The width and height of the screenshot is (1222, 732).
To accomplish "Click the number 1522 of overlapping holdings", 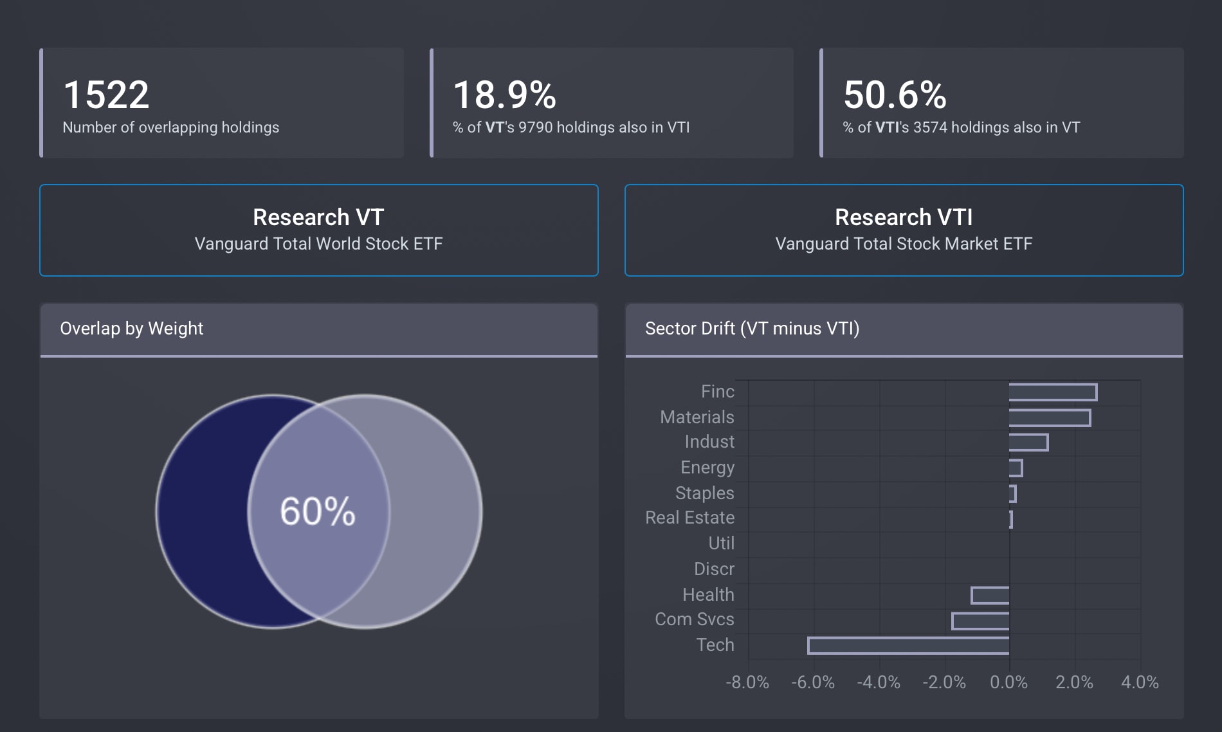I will pyautogui.click(x=106, y=95).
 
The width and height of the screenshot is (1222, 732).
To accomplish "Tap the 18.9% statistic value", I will pyautogui.click(x=504, y=95).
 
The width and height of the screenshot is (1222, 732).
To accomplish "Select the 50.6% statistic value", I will pyautogui.click(x=895, y=95).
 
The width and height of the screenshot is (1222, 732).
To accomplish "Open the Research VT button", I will pyautogui.click(x=319, y=230).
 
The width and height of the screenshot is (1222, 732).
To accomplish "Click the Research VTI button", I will pyautogui.click(x=904, y=230).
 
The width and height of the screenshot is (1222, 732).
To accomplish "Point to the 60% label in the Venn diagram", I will pyautogui.click(x=318, y=511).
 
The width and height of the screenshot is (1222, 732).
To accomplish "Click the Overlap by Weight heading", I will pyautogui.click(x=131, y=329).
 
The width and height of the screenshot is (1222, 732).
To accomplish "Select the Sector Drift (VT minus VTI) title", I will pyautogui.click(x=752, y=329).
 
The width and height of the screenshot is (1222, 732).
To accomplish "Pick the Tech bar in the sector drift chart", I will pyautogui.click(x=908, y=645).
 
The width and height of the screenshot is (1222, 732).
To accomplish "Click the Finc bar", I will pyautogui.click(x=1053, y=392).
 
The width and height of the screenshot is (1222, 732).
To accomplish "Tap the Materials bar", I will pyautogui.click(x=1050, y=417).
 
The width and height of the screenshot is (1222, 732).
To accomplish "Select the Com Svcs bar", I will pyautogui.click(x=980, y=621).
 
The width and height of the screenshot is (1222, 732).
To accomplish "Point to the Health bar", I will pyautogui.click(x=990, y=595).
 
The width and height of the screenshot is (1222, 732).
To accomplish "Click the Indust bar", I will pyautogui.click(x=1028, y=442).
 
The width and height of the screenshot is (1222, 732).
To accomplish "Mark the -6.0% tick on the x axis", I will pyautogui.click(x=813, y=682).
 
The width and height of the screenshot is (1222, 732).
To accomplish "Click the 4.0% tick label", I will pyautogui.click(x=1140, y=682).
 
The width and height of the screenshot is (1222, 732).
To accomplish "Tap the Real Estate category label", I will pyautogui.click(x=689, y=518).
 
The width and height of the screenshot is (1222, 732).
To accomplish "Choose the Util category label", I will pyautogui.click(x=721, y=544).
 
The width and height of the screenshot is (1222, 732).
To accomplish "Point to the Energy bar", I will pyautogui.click(x=1016, y=468).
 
